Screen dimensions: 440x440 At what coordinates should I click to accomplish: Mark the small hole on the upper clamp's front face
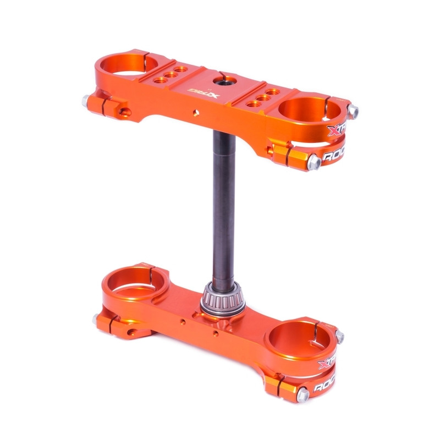pyautogui.click(x=195, y=113)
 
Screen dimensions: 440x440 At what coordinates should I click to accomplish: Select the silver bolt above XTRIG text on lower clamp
pyautogui.click(x=340, y=336)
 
